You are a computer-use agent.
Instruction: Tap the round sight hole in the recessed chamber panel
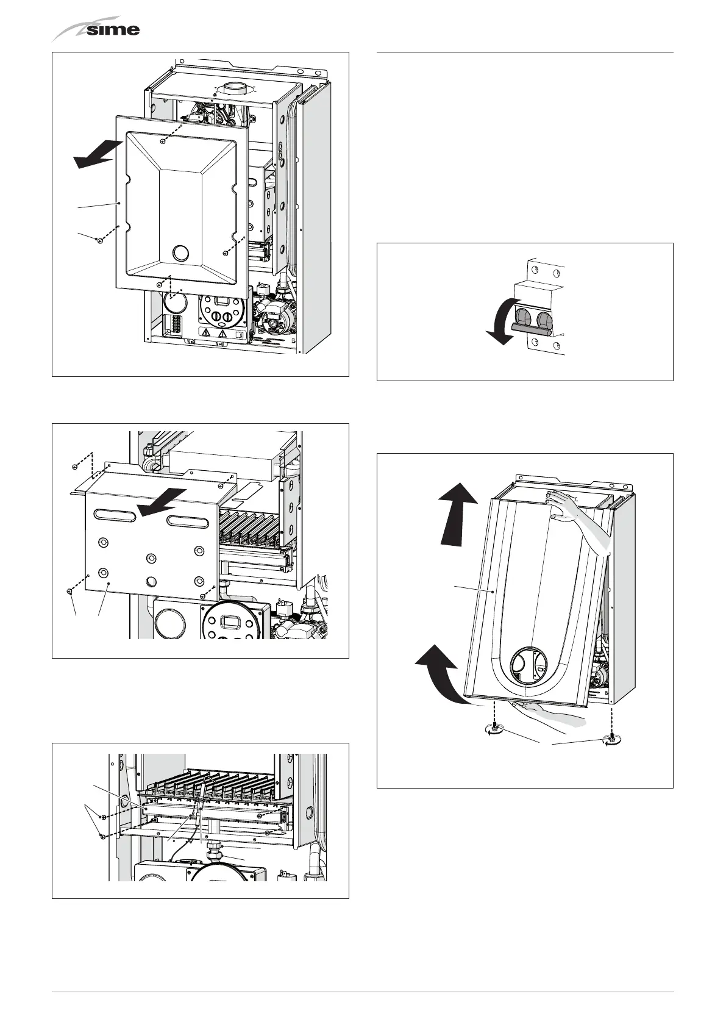click(181, 252)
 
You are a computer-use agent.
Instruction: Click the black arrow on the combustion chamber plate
click(160, 499)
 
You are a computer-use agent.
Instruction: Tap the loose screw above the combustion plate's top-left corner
click(74, 467)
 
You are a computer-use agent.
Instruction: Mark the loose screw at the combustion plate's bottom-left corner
click(70, 591)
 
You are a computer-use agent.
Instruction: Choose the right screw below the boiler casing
click(610, 739)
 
